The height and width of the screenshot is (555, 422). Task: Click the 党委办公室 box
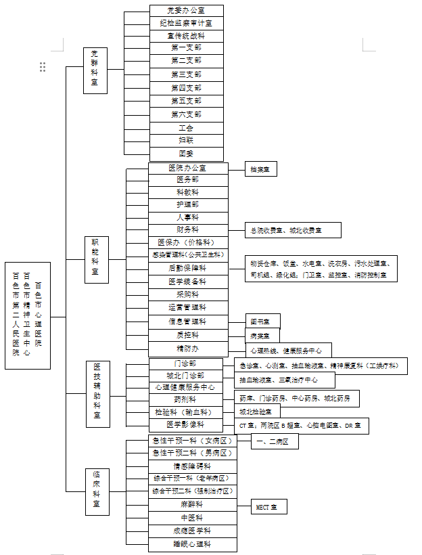pyautogui.click(x=186, y=10)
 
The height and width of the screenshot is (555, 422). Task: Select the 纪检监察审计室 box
pyautogui.click(x=186, y=23)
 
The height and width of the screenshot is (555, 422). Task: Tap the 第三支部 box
pyautogui.click(x=186, y=74)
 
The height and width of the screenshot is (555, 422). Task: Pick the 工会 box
pyautogui.click(x=186, y=127)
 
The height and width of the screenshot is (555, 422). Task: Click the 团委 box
pyautogui.click(x=186, y=154)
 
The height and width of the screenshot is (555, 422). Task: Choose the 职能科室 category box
pyautogui.click(x=95, y=259)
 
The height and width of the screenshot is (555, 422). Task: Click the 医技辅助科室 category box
pyautogui.click(x=97, y=394)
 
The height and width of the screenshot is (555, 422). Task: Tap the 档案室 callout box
pyautogui.click(x=261, y=169)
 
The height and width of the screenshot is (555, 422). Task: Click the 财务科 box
pyautogui.click(x=187, y=229)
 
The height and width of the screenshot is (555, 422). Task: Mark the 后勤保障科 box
pyautogui.click(x=187, y=268)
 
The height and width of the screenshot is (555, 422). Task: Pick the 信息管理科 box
pyautogui.click(x=187, y=321)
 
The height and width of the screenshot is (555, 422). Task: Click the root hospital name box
pyautogui.click(x=28, y=315)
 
